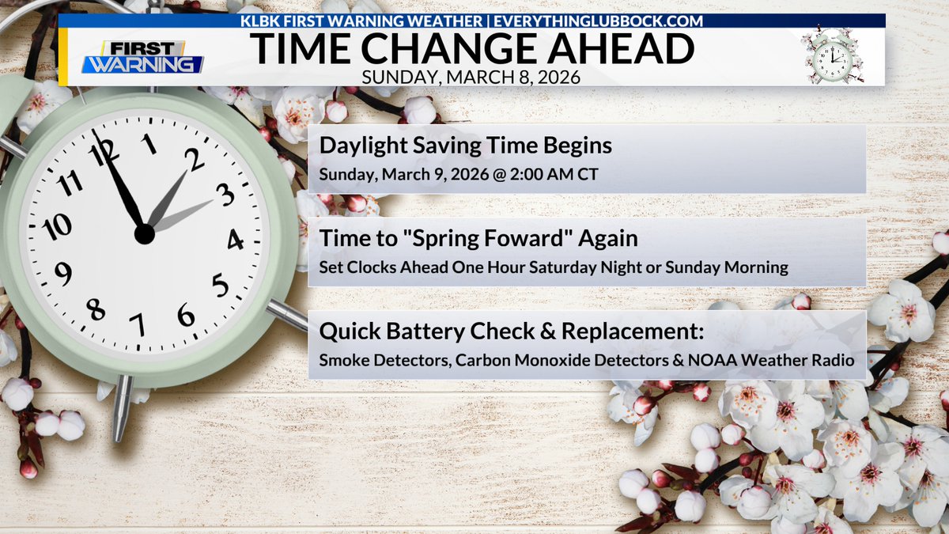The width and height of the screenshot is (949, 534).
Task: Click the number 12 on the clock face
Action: pos(101,150)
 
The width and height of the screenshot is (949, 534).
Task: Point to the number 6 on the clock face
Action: pos(186,315)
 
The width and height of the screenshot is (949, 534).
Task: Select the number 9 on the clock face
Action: pos(62,274)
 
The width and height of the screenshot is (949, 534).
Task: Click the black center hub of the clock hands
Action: pos(144,234)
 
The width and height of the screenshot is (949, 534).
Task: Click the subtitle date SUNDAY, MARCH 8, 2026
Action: pos(472,78)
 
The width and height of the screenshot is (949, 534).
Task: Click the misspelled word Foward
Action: pos(530,238)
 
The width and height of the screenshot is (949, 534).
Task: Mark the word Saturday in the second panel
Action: pos(566,267)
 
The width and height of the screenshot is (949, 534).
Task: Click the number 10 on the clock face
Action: pos(57,227)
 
